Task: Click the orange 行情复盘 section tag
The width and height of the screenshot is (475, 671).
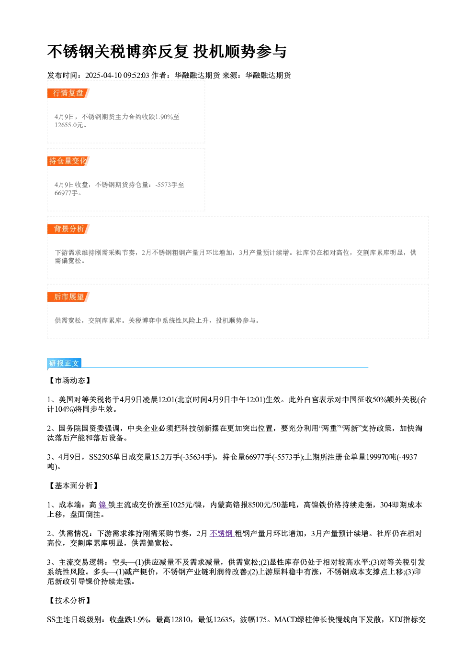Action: tap(68, 93)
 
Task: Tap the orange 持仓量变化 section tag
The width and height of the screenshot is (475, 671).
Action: tap(68, 161)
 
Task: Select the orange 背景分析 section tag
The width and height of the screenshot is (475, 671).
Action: tap(68, 229)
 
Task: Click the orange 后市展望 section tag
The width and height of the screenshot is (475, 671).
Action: tap(68, 297)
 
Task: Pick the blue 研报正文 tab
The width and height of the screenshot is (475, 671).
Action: tap(64, 363)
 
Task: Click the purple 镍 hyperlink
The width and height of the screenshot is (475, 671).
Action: tap(103, 505)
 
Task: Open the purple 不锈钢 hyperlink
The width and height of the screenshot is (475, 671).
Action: tap(222, 534)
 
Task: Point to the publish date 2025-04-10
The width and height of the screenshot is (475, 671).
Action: tap(103, 75)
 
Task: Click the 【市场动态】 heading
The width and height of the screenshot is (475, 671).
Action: tap(70, 380)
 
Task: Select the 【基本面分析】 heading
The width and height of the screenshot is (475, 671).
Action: tap(73, 485)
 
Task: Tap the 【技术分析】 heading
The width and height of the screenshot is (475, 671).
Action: tap(70, 600)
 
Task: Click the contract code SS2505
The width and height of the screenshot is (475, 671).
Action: tap(101, 457)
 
